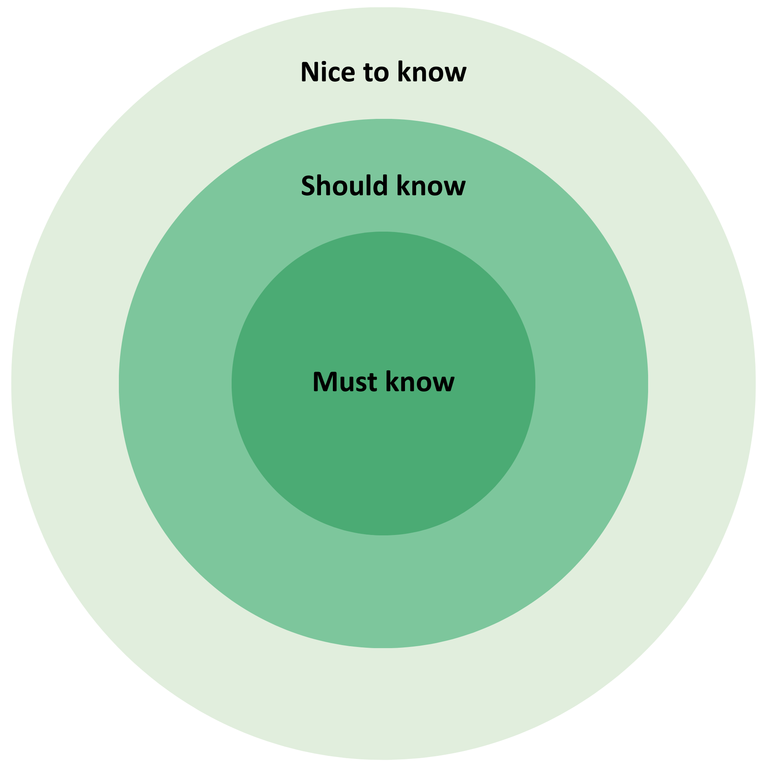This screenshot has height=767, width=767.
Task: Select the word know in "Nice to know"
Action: pos(431,72)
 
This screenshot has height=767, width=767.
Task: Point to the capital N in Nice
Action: pos(309,72)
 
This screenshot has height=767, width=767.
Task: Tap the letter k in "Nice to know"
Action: pos(405,72)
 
